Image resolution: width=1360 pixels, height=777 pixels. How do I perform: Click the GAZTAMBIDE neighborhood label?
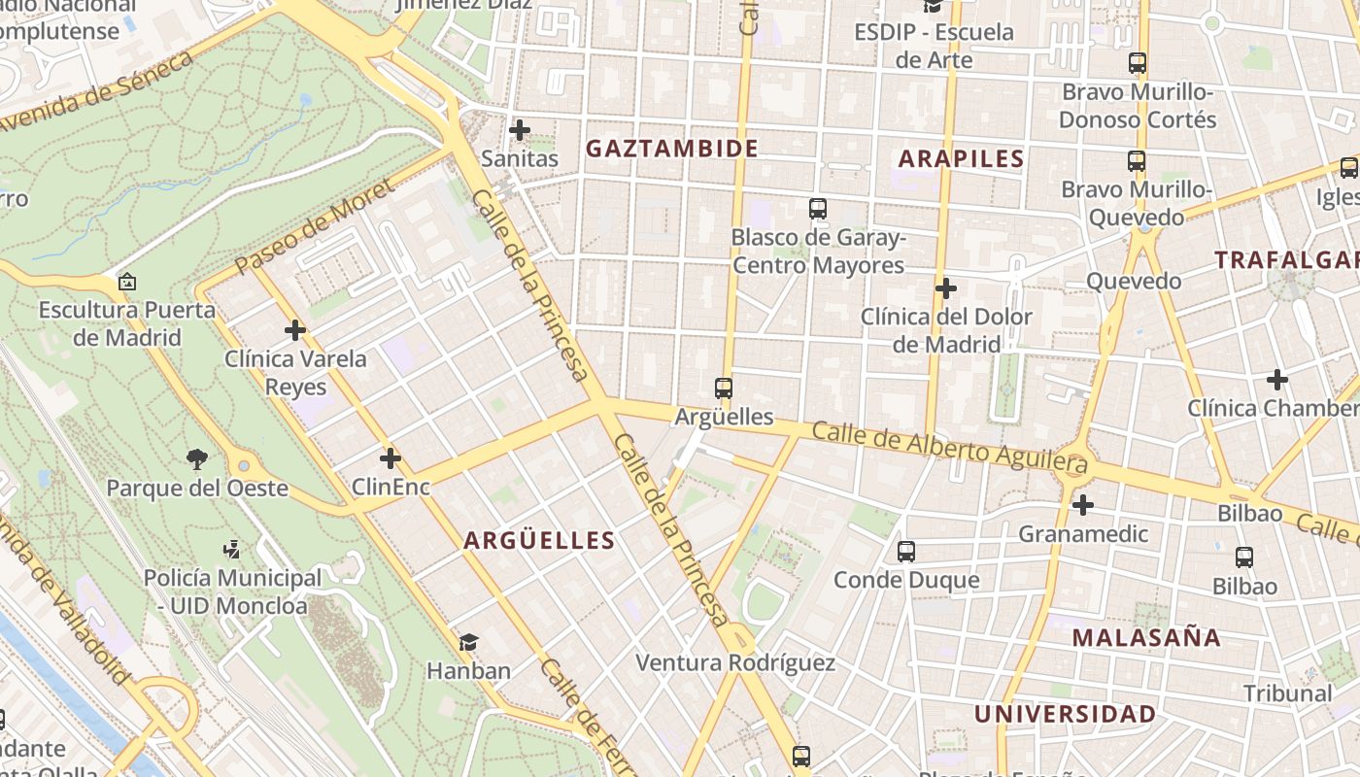pyautogui.click(x=671, y=149)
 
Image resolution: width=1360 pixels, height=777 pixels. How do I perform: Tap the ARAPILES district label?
pyautogui.click(x=961, y=159)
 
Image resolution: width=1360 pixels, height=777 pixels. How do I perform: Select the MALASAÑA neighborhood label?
pyautogui.click(x=1146, y=638)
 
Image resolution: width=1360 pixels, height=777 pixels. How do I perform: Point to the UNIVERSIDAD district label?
pyautogui.click(x=1065, y=715)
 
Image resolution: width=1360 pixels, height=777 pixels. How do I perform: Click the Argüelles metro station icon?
pyautogui.click(x=724, y=388)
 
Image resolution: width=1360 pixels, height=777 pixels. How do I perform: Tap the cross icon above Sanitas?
pyautogui.click(x=520, y=129)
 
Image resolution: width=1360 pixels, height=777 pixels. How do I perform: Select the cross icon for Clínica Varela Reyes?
pyautogui.click(x=295, y=330)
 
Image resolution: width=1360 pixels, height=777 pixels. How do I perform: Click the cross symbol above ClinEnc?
pyautogui.click(x=391, y=458)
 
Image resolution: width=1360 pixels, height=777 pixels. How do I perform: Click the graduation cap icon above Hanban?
pyautogui.click(x=469, y=642)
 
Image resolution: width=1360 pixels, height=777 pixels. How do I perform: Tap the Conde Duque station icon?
pyautogui.click(x=906, y=552)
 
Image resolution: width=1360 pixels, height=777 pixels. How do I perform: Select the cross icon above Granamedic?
pyautogui.click(x=1083, y=505)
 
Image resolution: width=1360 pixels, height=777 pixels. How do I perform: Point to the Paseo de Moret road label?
pyautogui.click(x=314, y=225)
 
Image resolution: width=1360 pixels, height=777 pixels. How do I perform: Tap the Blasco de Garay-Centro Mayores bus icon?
pyautogui.click(x=818, y=209)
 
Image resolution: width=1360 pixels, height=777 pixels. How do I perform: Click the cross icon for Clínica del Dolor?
pyautogui.click(x=945, y=288)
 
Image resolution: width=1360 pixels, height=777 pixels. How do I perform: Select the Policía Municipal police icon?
pyautogui.click(x=231, y=550)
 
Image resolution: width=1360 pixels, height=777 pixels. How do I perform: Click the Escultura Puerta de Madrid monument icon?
pyautogui.click(x=126, y=283)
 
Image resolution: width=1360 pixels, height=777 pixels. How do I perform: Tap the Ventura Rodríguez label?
pyautogui.click(x=734, y=663)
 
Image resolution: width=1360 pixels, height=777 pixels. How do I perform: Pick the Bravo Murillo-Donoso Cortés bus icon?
pyautogui.click(x=1137, y=63)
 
